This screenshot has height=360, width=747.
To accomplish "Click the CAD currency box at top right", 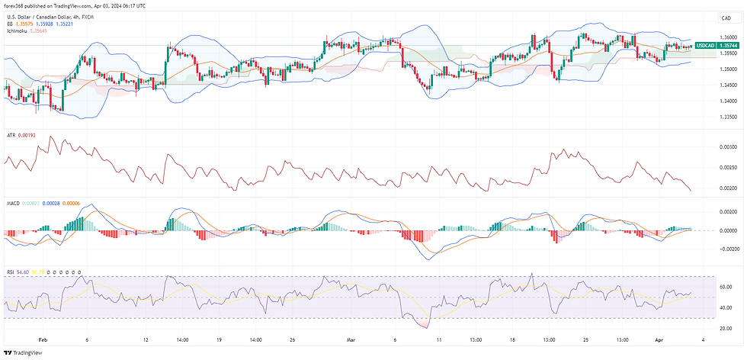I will coord(722,18).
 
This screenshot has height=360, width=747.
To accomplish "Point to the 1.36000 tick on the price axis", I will coord(728,37).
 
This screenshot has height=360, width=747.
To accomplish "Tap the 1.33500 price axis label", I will coord(728,117).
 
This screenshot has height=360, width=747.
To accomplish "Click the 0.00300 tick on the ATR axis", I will coord(728,146).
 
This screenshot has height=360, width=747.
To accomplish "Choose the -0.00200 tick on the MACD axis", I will coord(727,249).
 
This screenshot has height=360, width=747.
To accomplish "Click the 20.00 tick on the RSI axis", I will coord(726,330).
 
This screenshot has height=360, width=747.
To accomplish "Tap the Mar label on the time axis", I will coord(351,339).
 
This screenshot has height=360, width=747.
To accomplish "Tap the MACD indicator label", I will coord(13,203).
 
